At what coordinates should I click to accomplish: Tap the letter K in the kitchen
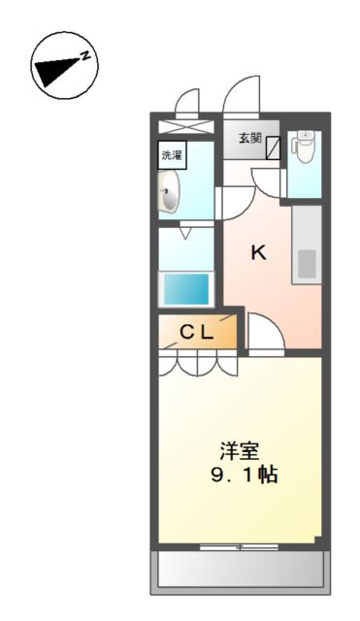click(x=258, y=253)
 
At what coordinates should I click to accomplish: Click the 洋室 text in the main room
click(x=238, y=452)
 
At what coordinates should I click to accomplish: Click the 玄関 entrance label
click(x=249, y=138)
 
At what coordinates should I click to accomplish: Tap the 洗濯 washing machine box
click(x=172, y=154)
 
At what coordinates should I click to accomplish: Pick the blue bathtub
click(x=184, y=289)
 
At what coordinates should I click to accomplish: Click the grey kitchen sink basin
click(x=307, y=263)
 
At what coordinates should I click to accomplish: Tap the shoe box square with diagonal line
click(x=273, y=147)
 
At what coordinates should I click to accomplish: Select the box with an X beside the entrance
click(x=185, y=127)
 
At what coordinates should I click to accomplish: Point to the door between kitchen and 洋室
click(x=264, y=336)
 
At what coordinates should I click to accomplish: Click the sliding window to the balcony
click(x=239, y=547)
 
